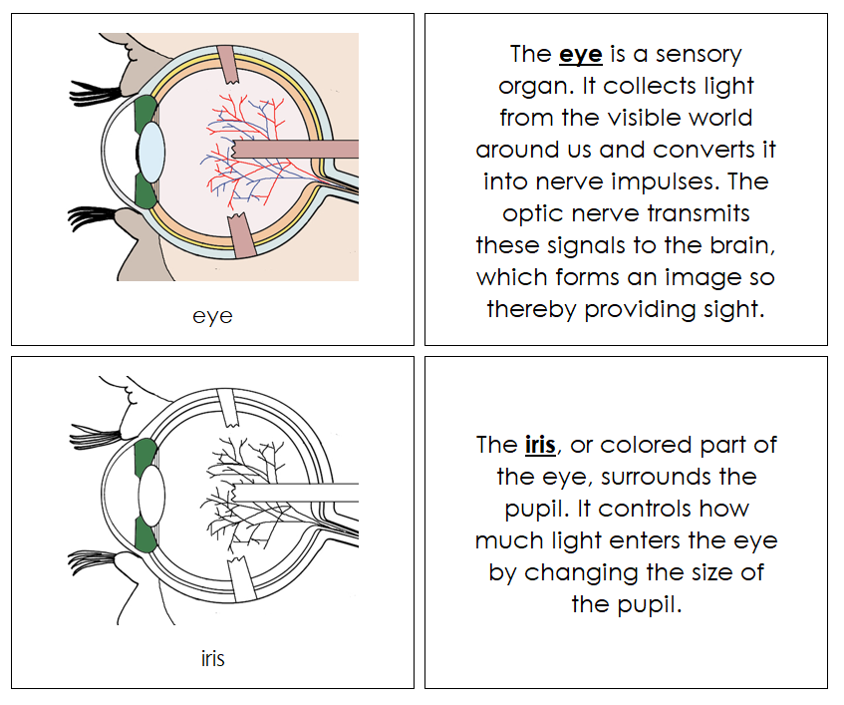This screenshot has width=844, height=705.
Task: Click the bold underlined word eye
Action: coord(580,54)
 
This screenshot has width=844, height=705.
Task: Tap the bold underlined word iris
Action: coord(540,445)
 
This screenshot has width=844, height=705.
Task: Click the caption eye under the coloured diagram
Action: coord(212,316)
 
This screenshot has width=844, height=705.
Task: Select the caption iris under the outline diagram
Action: coord(212,658)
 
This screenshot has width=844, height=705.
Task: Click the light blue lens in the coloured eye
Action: coord(151,153)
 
